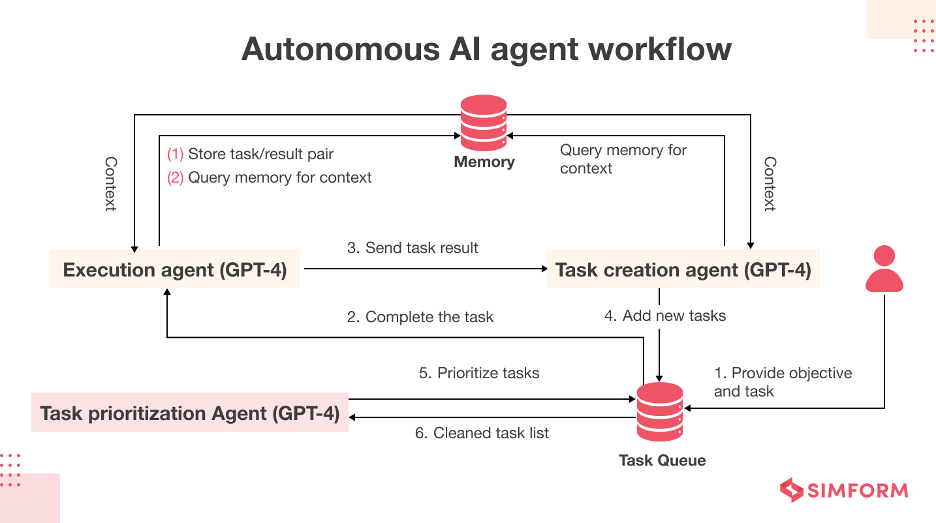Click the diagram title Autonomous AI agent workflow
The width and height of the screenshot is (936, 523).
[486, 50]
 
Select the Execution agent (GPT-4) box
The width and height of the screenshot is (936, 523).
[174, 269]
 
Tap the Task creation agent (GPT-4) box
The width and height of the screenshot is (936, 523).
[683, 269]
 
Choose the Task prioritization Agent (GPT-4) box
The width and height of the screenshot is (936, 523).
[190, 413]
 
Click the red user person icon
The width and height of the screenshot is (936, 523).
[884, 269]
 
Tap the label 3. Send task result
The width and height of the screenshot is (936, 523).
[413, 248]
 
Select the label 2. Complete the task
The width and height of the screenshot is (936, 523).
[420, 317]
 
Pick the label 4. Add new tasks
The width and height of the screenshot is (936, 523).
[665, 316]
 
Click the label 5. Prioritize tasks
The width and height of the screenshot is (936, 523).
[479, 373]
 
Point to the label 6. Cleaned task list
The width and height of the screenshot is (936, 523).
[482, 433]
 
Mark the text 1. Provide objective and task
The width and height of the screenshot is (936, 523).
[783, 382]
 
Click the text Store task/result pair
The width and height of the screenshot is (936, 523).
[260, 155]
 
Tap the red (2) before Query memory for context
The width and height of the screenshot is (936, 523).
[176, 178]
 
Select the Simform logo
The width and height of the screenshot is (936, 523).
[844, 490]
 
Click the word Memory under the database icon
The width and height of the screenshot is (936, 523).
[484, 162]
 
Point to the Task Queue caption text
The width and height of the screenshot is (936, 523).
[662, 460]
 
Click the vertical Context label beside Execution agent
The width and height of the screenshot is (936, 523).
[111, 183]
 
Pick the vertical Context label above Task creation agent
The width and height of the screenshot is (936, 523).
[770, 183]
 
